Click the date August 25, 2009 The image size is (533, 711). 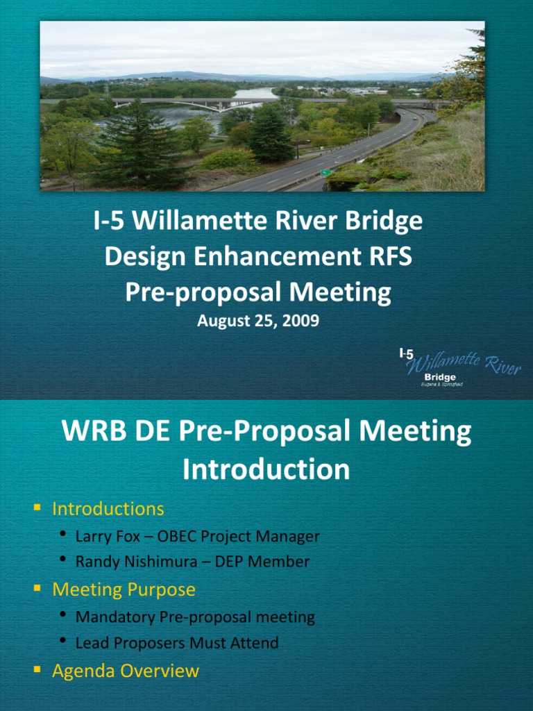(258, 321)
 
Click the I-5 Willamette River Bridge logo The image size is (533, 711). (459, 367)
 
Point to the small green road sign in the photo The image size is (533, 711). (326, 173)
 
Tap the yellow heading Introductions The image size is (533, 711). (108, 509)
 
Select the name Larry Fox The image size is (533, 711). (108, 537)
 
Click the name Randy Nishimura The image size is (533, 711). (136, 562)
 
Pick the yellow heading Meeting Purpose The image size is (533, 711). (124, 589)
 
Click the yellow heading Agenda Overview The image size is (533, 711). (126, 671)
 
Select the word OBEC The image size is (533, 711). (177, 537)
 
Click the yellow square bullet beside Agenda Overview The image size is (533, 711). (37, 669)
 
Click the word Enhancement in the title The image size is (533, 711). (278, 256)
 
